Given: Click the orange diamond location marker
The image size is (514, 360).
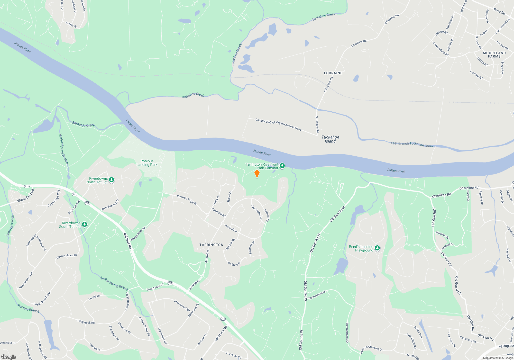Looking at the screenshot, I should point(257,174).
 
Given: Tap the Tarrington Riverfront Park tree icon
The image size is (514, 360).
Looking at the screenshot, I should point(282,166).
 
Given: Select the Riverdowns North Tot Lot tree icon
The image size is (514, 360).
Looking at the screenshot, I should point(112,180).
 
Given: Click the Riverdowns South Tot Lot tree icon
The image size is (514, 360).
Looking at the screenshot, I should point(84,224).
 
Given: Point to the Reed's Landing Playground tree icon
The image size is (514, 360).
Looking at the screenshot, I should point(377,248).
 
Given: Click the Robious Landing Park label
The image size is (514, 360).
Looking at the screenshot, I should point(147,163).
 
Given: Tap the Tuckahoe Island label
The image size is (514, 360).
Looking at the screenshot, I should point(330,139).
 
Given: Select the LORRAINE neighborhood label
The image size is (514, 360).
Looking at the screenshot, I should point(333,73).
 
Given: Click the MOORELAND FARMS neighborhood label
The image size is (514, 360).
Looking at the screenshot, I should point(494,55).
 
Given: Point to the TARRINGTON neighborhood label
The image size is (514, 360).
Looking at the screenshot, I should point(211,245).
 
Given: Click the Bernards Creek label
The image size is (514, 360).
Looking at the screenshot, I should point(83,124).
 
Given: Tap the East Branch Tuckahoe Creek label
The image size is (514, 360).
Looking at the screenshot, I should point(412,144).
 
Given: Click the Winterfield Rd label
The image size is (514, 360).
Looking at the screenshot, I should point(25,196).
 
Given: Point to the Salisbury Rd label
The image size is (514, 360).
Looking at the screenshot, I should point(221,334).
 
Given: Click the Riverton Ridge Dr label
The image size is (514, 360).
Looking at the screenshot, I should point(187,200).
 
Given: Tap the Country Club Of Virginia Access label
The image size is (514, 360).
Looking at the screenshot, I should point(278,124).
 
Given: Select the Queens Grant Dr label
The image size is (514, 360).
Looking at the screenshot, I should point(67,256).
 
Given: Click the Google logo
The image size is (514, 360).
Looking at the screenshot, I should point(9,357).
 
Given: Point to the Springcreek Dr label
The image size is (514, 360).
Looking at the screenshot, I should point(317,295).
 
